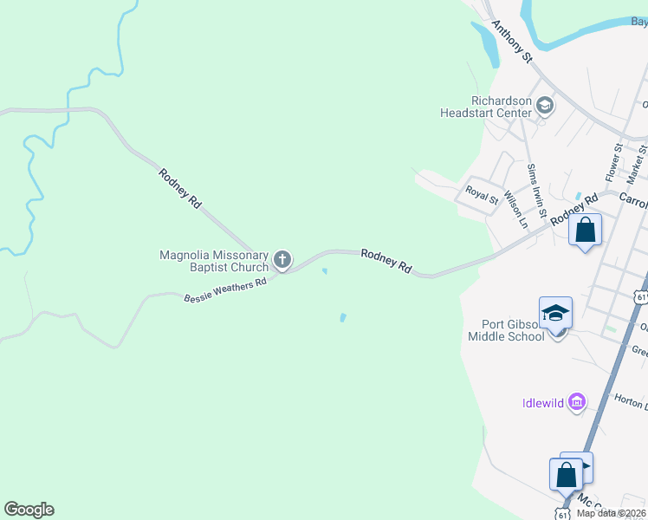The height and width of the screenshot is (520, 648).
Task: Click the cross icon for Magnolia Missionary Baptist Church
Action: [x=282, y=259]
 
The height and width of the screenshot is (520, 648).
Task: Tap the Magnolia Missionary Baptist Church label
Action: [x=215, y=261]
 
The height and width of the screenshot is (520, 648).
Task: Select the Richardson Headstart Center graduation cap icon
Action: [x=545, y=107]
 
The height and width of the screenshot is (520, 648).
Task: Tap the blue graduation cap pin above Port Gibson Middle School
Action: [x=555, y=314]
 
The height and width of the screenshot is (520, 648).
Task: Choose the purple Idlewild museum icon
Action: [x=577, y=401]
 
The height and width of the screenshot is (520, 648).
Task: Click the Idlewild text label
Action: [x=543, y=402]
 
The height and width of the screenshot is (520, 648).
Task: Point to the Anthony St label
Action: [x=511, y=41]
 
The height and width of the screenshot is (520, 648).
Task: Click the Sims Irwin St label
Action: [x=536, y=191]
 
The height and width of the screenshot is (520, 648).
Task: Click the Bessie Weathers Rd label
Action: [x=224, y=290]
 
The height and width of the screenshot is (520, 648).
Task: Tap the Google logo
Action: [x=29, y=510]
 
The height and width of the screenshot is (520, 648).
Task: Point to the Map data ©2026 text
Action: [x=610, y=513]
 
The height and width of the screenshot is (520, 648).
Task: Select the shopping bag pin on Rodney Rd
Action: [x=586, y=231]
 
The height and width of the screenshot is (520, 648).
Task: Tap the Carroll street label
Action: [x=634, y=200]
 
